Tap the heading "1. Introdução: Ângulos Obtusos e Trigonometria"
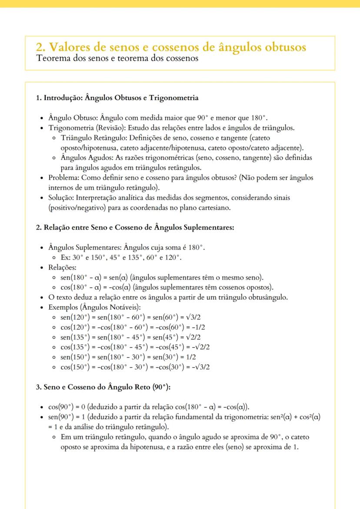pos(117,98)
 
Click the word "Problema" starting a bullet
pos(65,177)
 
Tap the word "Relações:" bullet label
pos(62,267)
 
